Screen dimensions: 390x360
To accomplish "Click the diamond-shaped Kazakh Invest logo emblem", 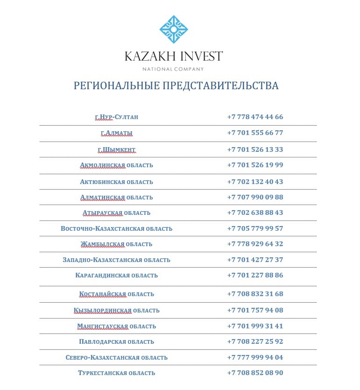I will (174, 29).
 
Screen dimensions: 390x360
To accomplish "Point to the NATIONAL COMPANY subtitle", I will (173, 69).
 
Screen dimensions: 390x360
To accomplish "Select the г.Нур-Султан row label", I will (116, 117).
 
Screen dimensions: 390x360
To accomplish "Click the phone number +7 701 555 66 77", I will (255, 133).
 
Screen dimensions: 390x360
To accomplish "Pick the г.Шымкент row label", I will (116, 150).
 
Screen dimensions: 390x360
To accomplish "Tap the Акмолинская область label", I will (116, 165).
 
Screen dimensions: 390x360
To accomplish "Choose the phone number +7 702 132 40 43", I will (255, 182).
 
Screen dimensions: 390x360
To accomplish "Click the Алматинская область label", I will (116, 198).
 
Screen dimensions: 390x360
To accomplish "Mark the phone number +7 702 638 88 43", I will (255, 213).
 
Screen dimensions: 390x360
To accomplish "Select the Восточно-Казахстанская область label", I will (116, 229).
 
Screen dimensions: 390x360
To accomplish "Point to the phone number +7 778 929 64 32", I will (255, 244).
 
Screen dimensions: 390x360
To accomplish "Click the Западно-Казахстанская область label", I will (116, 260).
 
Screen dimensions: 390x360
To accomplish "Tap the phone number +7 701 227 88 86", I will (255, 275).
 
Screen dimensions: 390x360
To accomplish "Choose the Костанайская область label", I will (116, 294).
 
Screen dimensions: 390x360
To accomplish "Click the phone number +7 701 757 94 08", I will (255, 310).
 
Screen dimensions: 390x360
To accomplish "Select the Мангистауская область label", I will (116, 326).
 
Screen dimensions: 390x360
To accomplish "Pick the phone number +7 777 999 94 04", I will (255, 357).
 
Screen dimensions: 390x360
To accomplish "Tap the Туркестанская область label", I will (116, 373).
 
